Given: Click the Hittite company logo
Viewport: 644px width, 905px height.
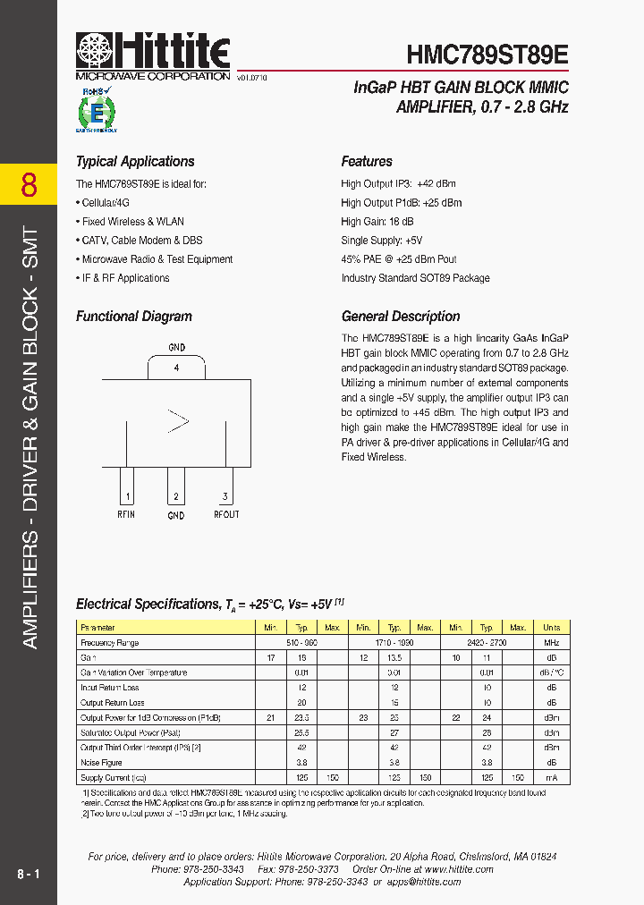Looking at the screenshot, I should [153, 55].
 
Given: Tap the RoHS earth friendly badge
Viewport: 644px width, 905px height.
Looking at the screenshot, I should [96, 110].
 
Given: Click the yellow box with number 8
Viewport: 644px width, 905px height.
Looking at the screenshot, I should [29, 185].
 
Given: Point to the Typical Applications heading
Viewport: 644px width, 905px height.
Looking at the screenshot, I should [135, 162].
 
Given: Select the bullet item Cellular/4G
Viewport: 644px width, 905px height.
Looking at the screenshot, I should [104, 203].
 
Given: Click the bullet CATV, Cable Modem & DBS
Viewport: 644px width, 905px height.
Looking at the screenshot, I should [139, 241].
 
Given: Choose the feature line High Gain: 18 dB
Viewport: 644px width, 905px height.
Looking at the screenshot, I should [377, 222].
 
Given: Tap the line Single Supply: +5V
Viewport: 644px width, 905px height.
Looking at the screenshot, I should [381, 241].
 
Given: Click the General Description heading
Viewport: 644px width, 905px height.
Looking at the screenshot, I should [401, 317].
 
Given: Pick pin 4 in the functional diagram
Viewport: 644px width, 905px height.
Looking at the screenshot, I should [177, 368].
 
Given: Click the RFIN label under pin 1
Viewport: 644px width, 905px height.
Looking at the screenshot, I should [126, 514].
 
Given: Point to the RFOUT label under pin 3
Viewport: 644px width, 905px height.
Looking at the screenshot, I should [226, 514].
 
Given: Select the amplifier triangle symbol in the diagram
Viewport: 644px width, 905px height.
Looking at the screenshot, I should [178, 421].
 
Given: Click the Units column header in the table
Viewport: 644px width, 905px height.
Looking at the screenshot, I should [551, 628].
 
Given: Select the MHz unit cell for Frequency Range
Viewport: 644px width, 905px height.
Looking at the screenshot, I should [551, 643].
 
